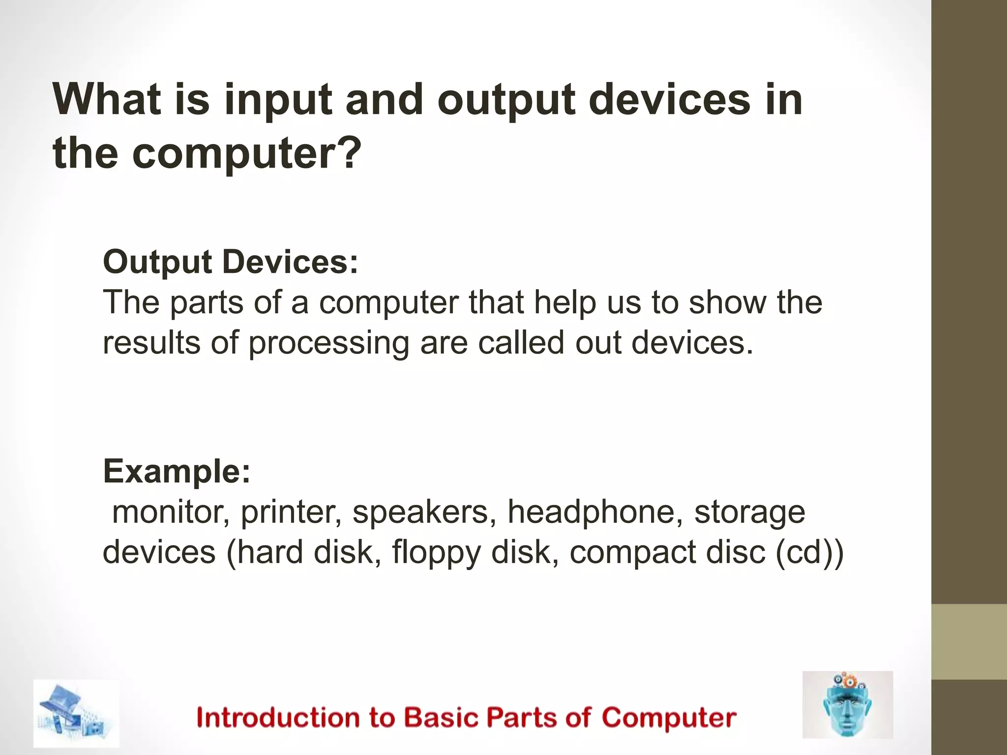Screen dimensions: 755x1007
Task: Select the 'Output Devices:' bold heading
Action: (231, 262)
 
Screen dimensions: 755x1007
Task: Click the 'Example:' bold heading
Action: (177, 471)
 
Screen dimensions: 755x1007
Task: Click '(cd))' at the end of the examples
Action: (809, 552)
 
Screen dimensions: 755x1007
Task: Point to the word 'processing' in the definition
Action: (328, 344)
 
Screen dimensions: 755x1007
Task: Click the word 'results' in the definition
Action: (151, 343)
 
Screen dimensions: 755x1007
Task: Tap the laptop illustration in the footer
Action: (76, 713)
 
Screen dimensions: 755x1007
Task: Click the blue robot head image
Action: (847, 704)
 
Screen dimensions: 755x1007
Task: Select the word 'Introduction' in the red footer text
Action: (278, 717)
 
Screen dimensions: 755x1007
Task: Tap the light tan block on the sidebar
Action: (969, 642)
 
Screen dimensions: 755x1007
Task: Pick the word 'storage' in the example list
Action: (749, 512)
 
